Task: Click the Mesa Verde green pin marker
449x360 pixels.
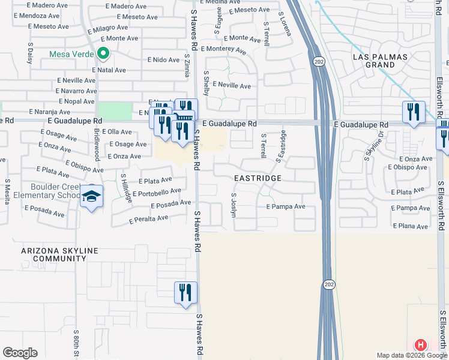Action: (103, 55)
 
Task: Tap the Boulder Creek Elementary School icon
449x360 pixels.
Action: (92, 197)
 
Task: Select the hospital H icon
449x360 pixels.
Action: (421, 345)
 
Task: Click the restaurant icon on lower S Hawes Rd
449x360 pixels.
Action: (185, 293)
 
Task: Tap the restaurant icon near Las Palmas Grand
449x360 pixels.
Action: (414, 112)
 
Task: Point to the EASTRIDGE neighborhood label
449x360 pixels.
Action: (258, 179)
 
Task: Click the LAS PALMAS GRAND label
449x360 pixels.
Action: (380, 61)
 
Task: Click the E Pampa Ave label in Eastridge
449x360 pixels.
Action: (286, 206)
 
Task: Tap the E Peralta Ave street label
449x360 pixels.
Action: (148, 220)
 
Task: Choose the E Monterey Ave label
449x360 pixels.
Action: (224, 49)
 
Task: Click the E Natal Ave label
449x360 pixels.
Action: (109, 70)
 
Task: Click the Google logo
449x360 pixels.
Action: (20, 353)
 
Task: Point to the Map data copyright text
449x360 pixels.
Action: (411, 355)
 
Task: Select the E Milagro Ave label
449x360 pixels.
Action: (107, 28)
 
